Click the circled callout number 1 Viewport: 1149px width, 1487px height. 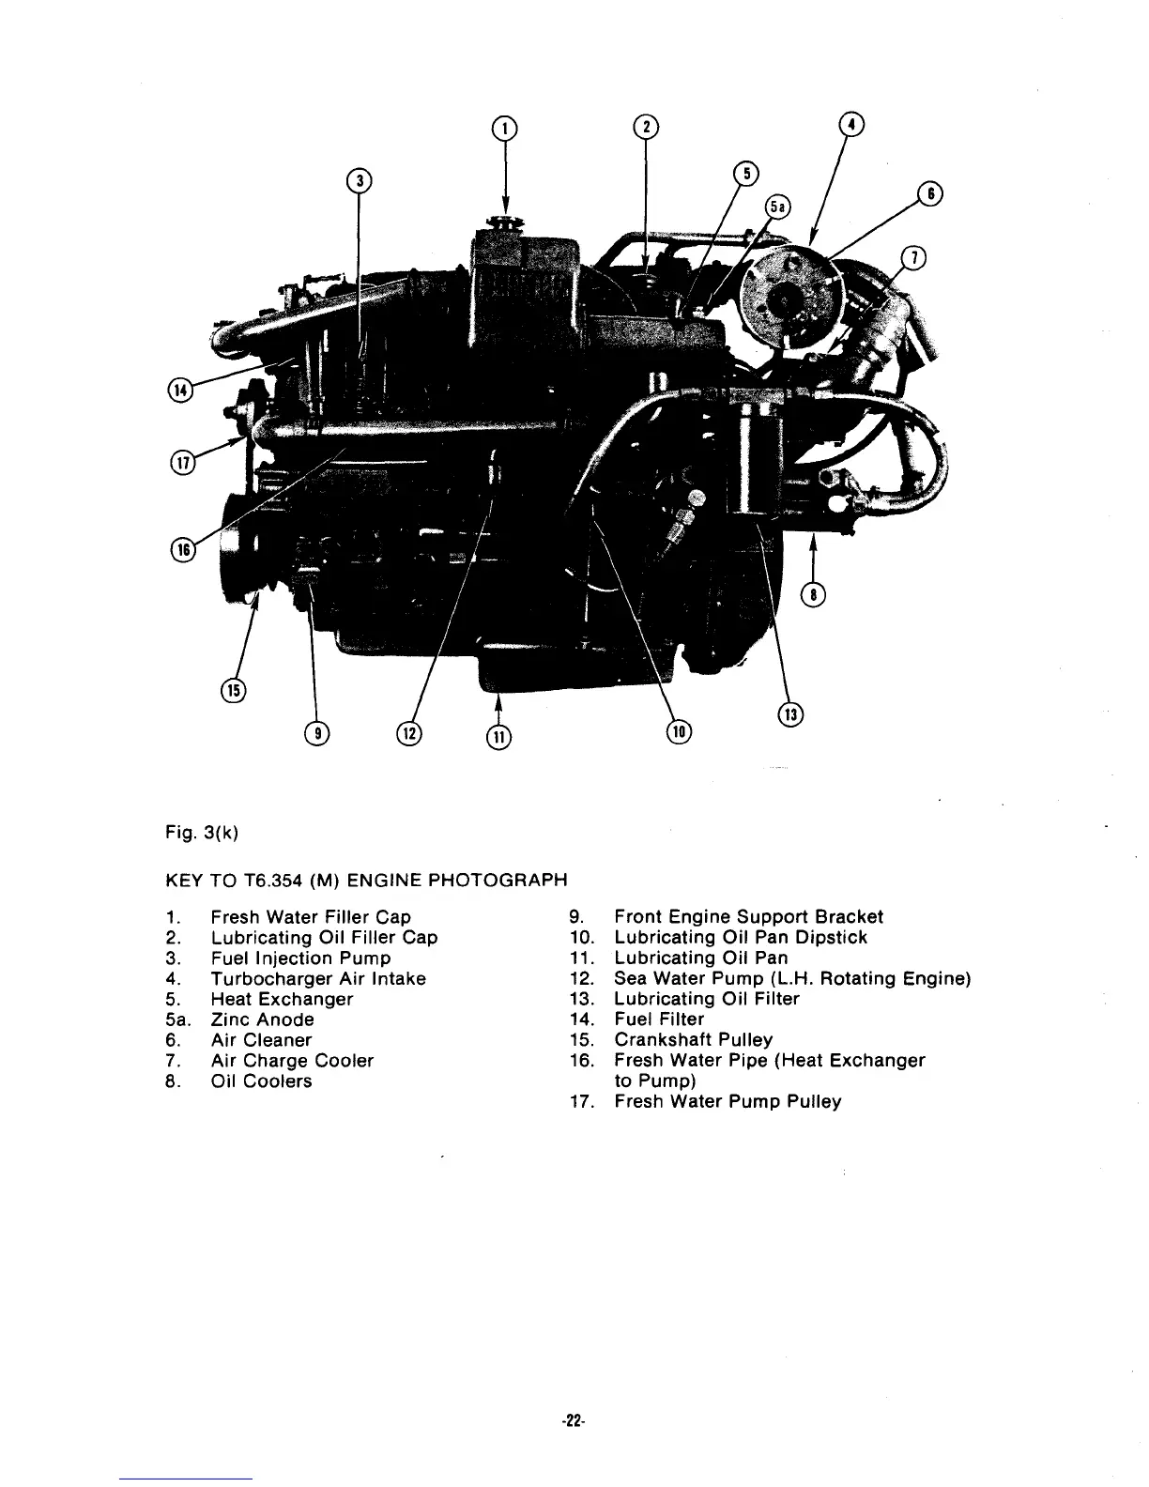tap(506, 128)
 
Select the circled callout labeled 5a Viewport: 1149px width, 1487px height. tap(776, 207)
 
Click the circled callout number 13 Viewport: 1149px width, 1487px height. tap(791, 715)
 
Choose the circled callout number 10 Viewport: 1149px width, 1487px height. tap(678, 732)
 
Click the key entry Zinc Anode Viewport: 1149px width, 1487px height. tap(262, 1019)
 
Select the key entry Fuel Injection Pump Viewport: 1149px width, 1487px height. tap(300, 958)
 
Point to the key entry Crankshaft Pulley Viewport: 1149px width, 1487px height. tap(693, 1040)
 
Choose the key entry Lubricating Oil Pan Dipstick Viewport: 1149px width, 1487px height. tap(741, 938)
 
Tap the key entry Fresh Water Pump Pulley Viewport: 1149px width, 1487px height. tap(728, 1102)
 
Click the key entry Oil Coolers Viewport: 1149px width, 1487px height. tap(261, 1081)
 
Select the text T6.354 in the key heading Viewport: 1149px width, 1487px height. tap(249, 881)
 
